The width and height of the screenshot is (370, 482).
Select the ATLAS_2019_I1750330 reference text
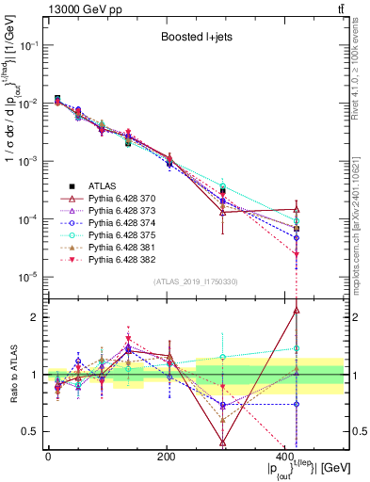196,281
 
